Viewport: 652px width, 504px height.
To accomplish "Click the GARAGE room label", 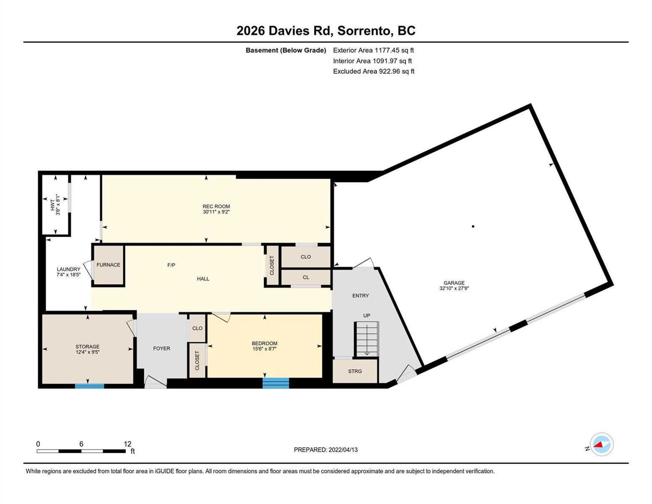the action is (454, 283).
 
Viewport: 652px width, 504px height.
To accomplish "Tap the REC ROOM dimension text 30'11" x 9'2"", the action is (216, 212).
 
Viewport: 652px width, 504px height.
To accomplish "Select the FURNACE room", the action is (108, 265).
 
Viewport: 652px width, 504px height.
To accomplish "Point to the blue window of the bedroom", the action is (275, 383).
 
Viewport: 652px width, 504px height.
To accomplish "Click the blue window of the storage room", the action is (89, 386).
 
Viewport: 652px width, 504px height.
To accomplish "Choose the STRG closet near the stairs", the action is (355, 371).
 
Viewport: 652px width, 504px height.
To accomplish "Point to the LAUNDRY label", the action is (68, 269).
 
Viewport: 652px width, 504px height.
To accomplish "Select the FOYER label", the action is (161, 349).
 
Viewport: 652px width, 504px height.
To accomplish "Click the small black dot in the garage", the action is (473, 226).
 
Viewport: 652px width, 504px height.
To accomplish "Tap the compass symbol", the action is (601, 444).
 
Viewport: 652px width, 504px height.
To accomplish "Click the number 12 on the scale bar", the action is (128, 444).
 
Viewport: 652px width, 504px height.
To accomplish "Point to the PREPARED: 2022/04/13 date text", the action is (325, 450).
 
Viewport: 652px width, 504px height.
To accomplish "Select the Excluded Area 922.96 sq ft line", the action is (374, 71).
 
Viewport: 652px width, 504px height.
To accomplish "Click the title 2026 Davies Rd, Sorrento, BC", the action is (326, 31).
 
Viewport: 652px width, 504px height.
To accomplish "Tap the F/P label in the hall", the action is (171, 265).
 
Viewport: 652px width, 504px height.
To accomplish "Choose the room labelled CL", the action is (306, 277).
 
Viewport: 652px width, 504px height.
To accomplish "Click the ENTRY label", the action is (360, 296).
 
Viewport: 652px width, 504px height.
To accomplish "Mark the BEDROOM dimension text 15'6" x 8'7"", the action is (264, 349).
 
